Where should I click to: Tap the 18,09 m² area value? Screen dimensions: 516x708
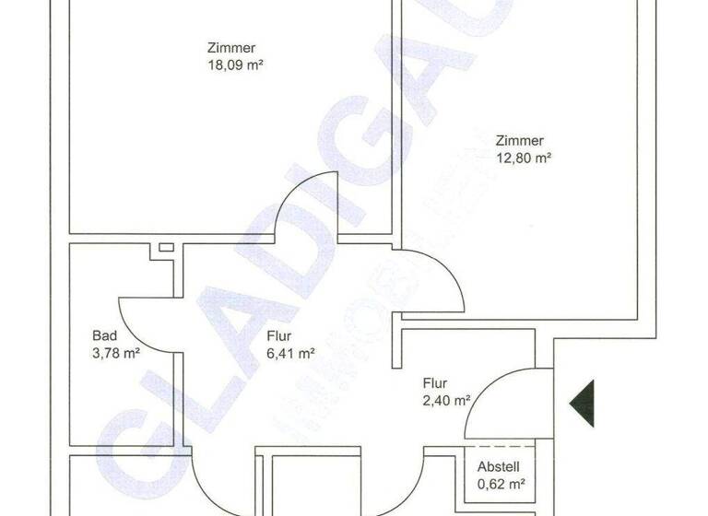tap(231, 64)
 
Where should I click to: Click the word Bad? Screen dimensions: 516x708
tap(102, 335)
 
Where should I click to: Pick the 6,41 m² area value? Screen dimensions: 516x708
tap(291, 352)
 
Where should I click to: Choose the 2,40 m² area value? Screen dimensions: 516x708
tap(447, 399)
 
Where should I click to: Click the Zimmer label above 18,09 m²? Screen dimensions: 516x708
tap(231, 48)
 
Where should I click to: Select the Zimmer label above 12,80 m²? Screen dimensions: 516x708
tap(520, 141)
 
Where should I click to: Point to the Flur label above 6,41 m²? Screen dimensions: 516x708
tap(279, 335)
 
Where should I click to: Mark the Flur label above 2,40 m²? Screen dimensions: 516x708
tap(435, 382)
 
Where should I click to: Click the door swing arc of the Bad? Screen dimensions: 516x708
tap(134, 322)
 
